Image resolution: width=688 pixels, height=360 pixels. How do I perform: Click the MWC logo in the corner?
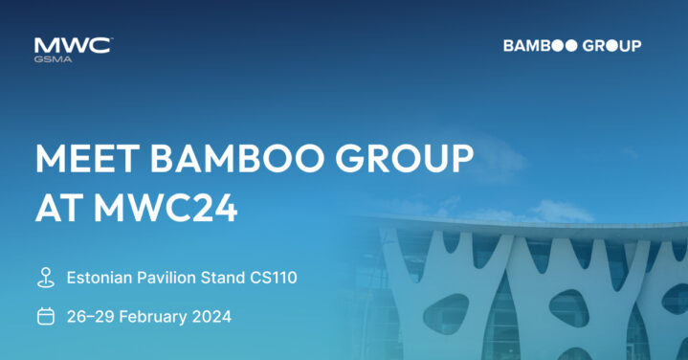pos(74,50)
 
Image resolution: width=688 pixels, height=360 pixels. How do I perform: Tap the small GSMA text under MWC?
pos(53,59)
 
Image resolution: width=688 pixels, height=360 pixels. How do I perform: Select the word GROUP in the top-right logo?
pos(612,46)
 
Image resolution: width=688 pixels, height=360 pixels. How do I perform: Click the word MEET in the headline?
pos(87,158)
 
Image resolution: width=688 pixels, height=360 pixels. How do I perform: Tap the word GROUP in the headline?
pos(405,158)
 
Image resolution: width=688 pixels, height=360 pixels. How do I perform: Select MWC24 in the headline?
pos(166,208)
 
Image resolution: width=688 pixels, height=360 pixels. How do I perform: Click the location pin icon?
pos(46,278)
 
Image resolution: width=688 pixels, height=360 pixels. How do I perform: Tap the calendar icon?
pos(46,316)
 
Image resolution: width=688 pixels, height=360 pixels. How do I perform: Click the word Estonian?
pos(100,278)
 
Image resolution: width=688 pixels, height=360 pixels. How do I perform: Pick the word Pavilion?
pos(166,278)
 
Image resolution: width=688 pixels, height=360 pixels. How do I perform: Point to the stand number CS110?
pos(274,278)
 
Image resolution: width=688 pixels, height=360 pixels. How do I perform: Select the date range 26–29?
pos(91,317)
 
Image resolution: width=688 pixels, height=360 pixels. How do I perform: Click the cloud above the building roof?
pos(562,211)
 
